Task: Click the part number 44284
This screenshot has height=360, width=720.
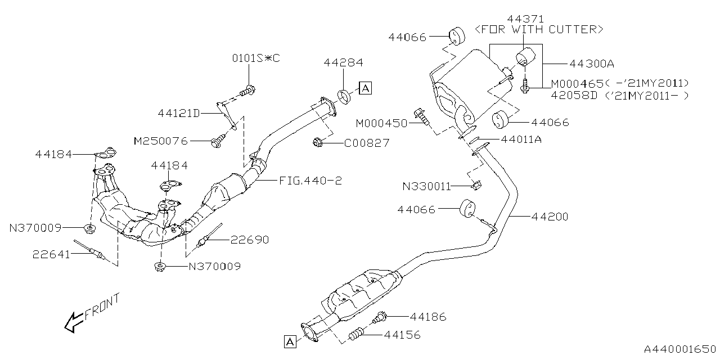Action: pos(343,62)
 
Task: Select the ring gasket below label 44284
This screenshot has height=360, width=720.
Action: pos(344,97)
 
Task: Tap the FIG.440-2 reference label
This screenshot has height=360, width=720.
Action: pos(310,181)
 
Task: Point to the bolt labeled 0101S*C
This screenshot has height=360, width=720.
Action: pos(248,91)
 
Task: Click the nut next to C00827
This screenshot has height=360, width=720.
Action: pos(317,142)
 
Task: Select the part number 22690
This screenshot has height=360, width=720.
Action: pos(250,240)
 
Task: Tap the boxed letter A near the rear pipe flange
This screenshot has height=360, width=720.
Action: pos(290,341)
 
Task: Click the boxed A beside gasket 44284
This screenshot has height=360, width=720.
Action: pos(365,88)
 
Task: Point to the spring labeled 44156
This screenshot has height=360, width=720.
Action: pos(356,334)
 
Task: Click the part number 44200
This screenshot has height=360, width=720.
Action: pos(550,217)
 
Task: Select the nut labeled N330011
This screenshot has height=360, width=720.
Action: pos(477,186)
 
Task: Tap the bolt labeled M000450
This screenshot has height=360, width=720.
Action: pos(422,116)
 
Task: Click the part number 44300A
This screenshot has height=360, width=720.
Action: pos(592,64)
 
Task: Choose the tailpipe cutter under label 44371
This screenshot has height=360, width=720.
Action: pos(525,57)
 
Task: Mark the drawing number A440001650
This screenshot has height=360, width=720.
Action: pos(680,349)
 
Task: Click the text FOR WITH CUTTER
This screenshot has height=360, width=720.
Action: pos(539,30)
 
